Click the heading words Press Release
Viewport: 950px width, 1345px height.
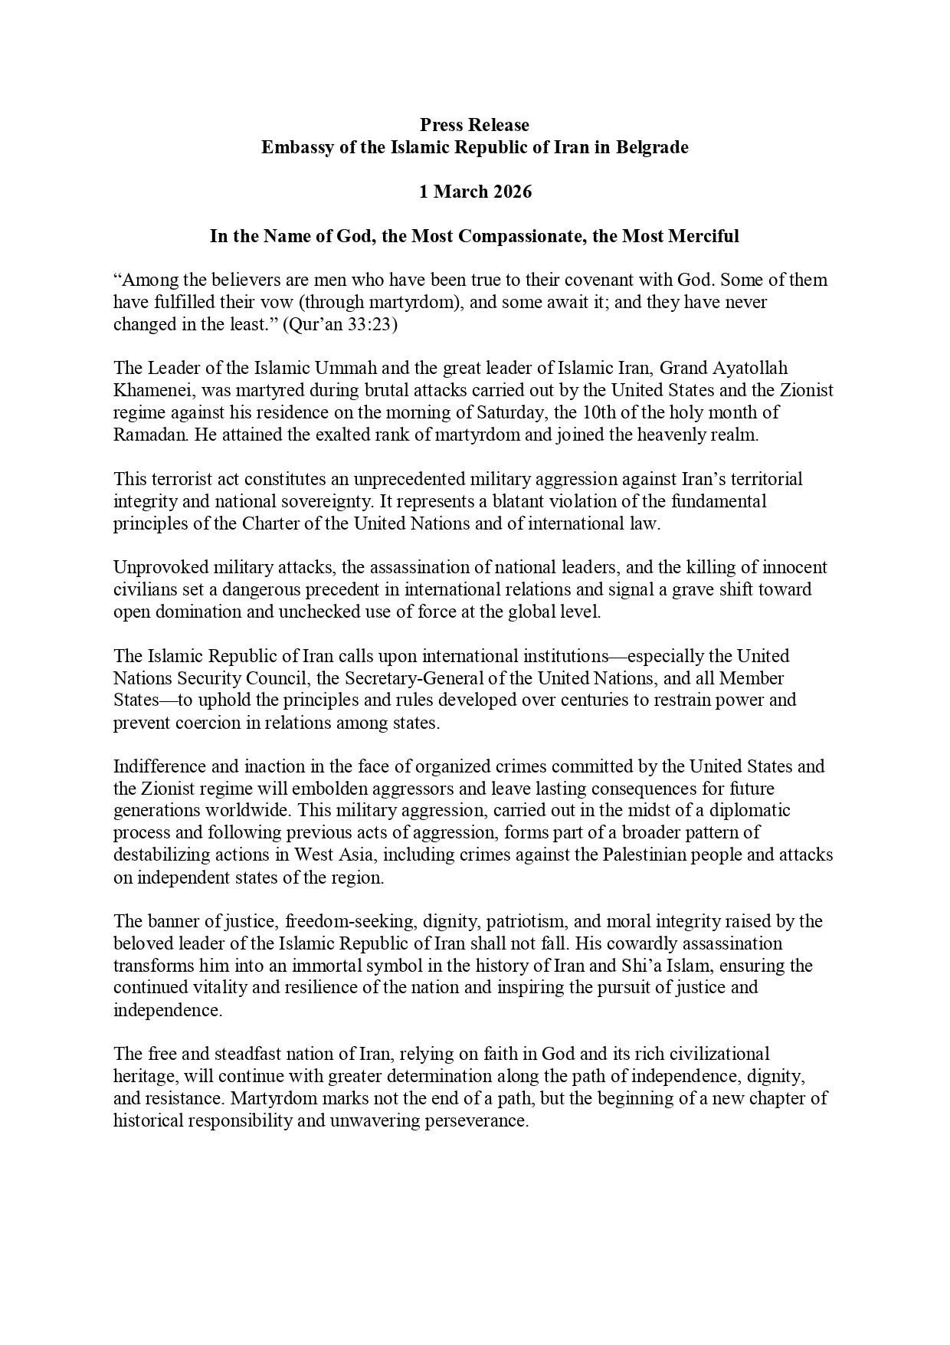(474, 124)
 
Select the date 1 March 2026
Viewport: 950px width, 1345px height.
(474, 192)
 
